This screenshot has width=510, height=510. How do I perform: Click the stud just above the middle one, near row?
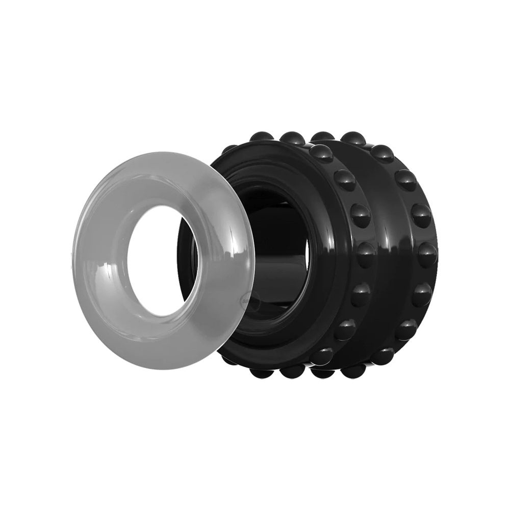[x=360, y=214]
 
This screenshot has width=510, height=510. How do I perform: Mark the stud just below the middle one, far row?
[x=422, y=295]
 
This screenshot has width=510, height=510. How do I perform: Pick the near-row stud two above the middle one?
[x=345, y=180]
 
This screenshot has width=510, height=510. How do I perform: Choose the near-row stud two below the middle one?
[x=345, y=329]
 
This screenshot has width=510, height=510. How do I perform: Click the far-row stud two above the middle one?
[x=405, y=180]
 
